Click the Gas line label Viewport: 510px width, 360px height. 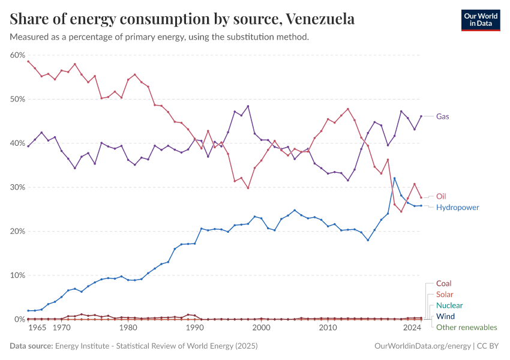[x=443, y=116]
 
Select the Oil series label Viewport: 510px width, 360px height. [x=441, y=196]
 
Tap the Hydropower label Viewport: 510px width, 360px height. [x=457, y=208]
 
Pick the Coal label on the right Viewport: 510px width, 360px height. [x=444, y=283]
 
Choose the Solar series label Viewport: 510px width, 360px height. [x=445, y=295]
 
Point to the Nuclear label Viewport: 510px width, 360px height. [x=449, y=305]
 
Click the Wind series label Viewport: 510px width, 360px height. [x=445, y=316]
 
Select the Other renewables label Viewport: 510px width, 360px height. [x=466, y=328]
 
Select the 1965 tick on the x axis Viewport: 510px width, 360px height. [x=37, y=328]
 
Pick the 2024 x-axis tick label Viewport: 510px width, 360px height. [x=412, y=328]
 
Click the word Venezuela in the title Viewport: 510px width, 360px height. [x=320, y=19]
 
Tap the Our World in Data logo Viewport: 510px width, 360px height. [x=480, y=19]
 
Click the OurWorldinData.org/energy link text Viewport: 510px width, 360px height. [x=422, y=346]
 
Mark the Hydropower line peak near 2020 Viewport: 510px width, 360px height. [x=394, y=178]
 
